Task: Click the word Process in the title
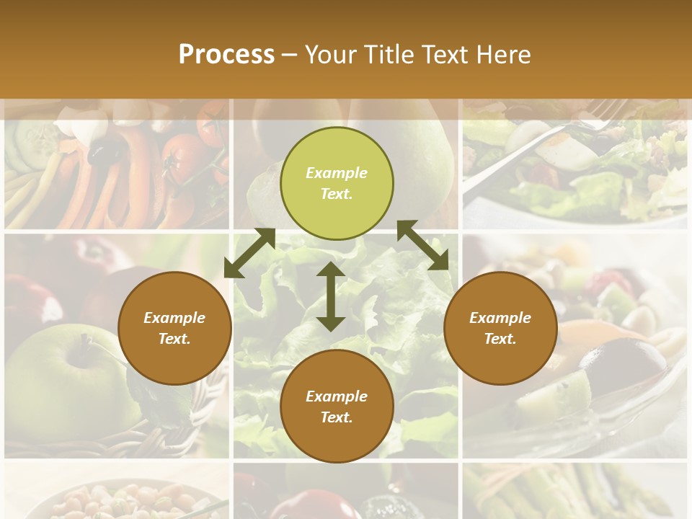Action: point(226,55)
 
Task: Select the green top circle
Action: point(337,183)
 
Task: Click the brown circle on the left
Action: point(174,328)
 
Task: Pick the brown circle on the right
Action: point(500,328)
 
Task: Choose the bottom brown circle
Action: point(337,407)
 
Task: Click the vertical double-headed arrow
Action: point(331,296)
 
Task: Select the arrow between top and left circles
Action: point(250,252)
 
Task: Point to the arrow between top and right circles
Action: point(423,245)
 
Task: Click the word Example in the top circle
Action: point(337,173)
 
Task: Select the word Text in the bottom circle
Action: point(334,418)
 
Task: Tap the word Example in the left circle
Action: point(174,318)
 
